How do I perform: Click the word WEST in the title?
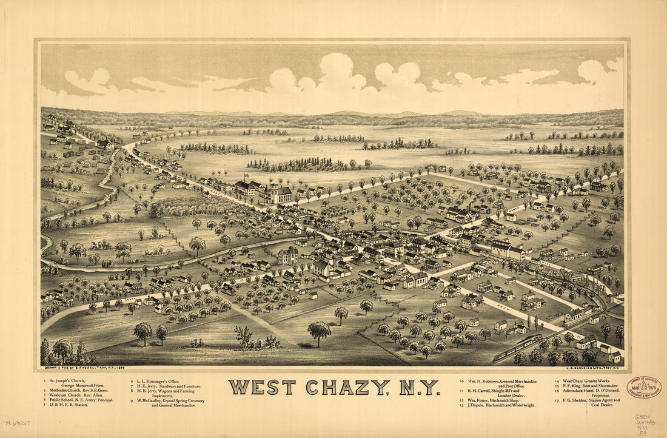click(x=263, y=387)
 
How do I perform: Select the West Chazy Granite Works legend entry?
click(x=582, y=382)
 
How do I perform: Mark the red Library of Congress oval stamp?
click(x=643, y=387)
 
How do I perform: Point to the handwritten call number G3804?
click(x=644, y=417)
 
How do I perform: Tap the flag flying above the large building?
click(x=246, y=177)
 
